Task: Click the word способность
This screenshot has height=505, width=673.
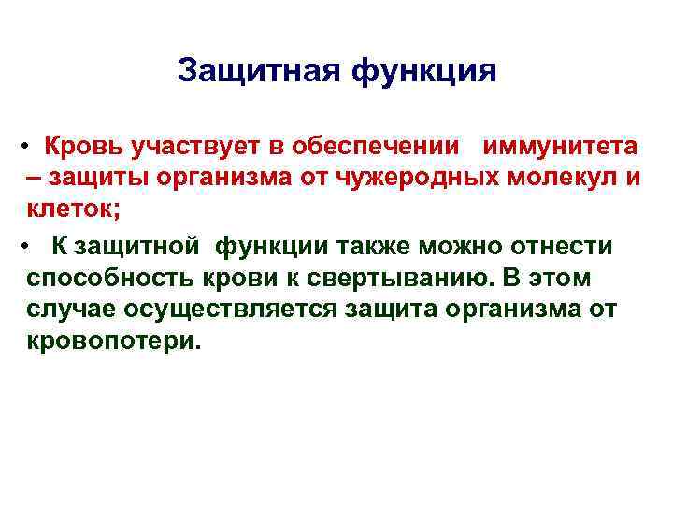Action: (99, 278)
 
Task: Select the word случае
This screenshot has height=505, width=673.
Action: (64, 310)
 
